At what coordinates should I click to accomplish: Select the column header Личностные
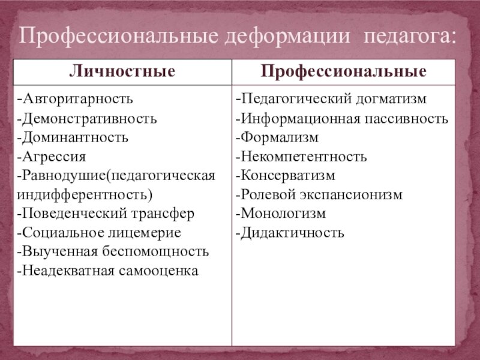point(122,72)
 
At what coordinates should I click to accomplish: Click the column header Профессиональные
point(344,72)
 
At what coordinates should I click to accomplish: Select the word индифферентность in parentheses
point(85,195)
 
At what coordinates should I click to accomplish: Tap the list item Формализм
point(277,137)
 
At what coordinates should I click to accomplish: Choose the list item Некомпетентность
point(301,157)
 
